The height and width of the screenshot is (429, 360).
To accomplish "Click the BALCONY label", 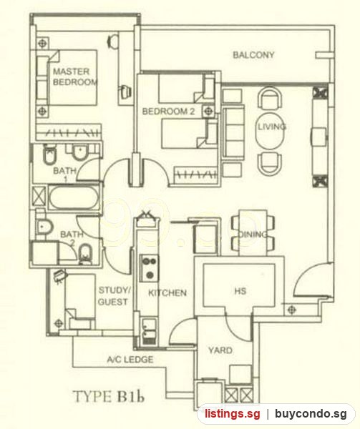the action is (x=253, y=55).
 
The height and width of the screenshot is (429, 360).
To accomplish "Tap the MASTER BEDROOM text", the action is (x=74, y=77).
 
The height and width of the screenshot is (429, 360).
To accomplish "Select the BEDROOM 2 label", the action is (x=168, y=112).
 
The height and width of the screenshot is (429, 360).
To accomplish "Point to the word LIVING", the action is (x=272, y=127).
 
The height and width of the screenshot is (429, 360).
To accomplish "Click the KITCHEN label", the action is (x=167, y=293).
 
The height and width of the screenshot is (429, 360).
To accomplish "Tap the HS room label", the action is (x=240, y=291).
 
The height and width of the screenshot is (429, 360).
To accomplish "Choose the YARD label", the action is (x=220, y=350).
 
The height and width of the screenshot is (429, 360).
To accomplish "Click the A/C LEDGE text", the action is (x=130, y=359).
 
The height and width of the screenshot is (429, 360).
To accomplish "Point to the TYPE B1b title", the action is (x=109, y=396).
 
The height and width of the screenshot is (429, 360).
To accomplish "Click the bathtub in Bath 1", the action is (x=74, y=197).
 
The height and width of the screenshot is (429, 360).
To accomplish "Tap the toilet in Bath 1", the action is (x=49, y=155).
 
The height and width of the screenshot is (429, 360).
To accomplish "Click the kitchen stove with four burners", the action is (x=149, y=268).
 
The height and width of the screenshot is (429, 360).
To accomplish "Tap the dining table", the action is (x=253, y=233).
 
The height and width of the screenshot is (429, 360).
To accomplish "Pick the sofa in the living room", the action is (x=233, y=133).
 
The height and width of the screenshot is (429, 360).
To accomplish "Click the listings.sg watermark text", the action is (x=233, y=414).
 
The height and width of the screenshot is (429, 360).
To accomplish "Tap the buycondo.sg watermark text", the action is (x=311, y=414).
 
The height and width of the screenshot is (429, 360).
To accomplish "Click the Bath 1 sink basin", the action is (x=79, y=153).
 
